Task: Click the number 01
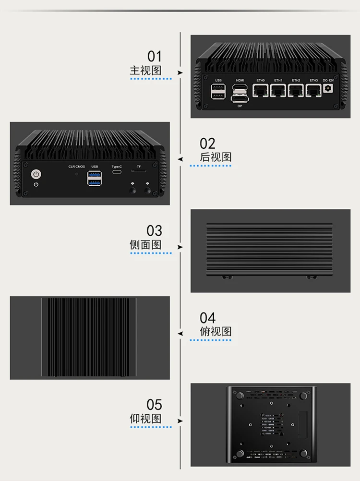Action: click(x=155, y=56)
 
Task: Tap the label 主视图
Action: click(x=145, y=70)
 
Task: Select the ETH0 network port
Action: click(x=261, y=90)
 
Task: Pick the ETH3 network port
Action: click(x=313, y=90)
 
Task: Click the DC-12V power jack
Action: click(x=329, y=89)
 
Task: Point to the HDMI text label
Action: click(x=240, y=80)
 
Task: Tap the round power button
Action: click(x=36, y=174)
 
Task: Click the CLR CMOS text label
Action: click(x=76, y=167)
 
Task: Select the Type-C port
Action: click(x=117, y=173)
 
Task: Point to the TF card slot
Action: click(x=139, y=171)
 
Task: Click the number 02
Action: click(x=207, y=143)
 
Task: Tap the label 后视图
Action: click(x=216, y=157)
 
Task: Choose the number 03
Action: click(x=155, y=230)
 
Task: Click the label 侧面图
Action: click(x=145, y=244)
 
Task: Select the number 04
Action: click(x=207, y=317)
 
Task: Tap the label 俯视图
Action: click(x=216, y=331)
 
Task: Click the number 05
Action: click(x=155, y=405)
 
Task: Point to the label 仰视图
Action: click(x=145, y=419)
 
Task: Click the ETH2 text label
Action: click(x=296, y=80)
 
